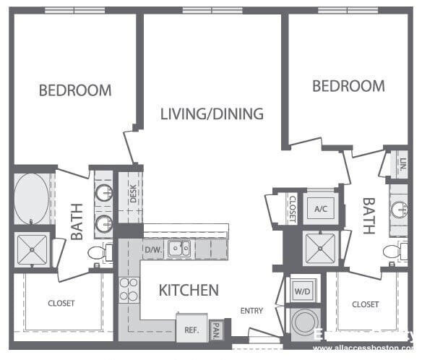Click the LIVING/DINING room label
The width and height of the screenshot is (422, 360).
pyautogui.click(x=212, y=113)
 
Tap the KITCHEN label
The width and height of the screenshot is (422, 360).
pyautogui.click(x=189, y=291)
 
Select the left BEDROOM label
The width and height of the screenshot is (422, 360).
pyautogui.click(x=75, y=90)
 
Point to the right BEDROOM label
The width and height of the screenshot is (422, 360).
pyautogui.click(x=348, y=86)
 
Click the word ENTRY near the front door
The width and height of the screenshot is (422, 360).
pyautogui.click(x=251, y=312)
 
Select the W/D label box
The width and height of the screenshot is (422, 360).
pyautogui.click(x=301, y=292)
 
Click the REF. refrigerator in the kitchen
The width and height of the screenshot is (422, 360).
pyautogui.click(x=191, y=329)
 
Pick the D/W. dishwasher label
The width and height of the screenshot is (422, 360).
pyautogui.click(x=152, y=250)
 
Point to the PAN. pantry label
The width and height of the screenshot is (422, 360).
pyautogui.click(x=216, y=332)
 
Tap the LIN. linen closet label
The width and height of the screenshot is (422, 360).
pyautogui.click(x=403, y=164)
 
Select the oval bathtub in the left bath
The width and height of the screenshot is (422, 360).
pyautogui.click(x=31, y=197)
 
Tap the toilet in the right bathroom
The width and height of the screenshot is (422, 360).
pyautogui.click(x=393, y=252)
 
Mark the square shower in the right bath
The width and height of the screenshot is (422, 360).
pyautogui.click(x=319, y=247)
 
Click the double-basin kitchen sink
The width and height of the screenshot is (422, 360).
pyautogui.click(x=179, y=249)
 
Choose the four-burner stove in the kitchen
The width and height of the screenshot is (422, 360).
pyautogui.click(x=129, y=289)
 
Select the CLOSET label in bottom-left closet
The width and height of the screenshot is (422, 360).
pyautogui.click(x=61, y=304)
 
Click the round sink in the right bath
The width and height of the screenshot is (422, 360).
pyautogui.click(x=399, y=209)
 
